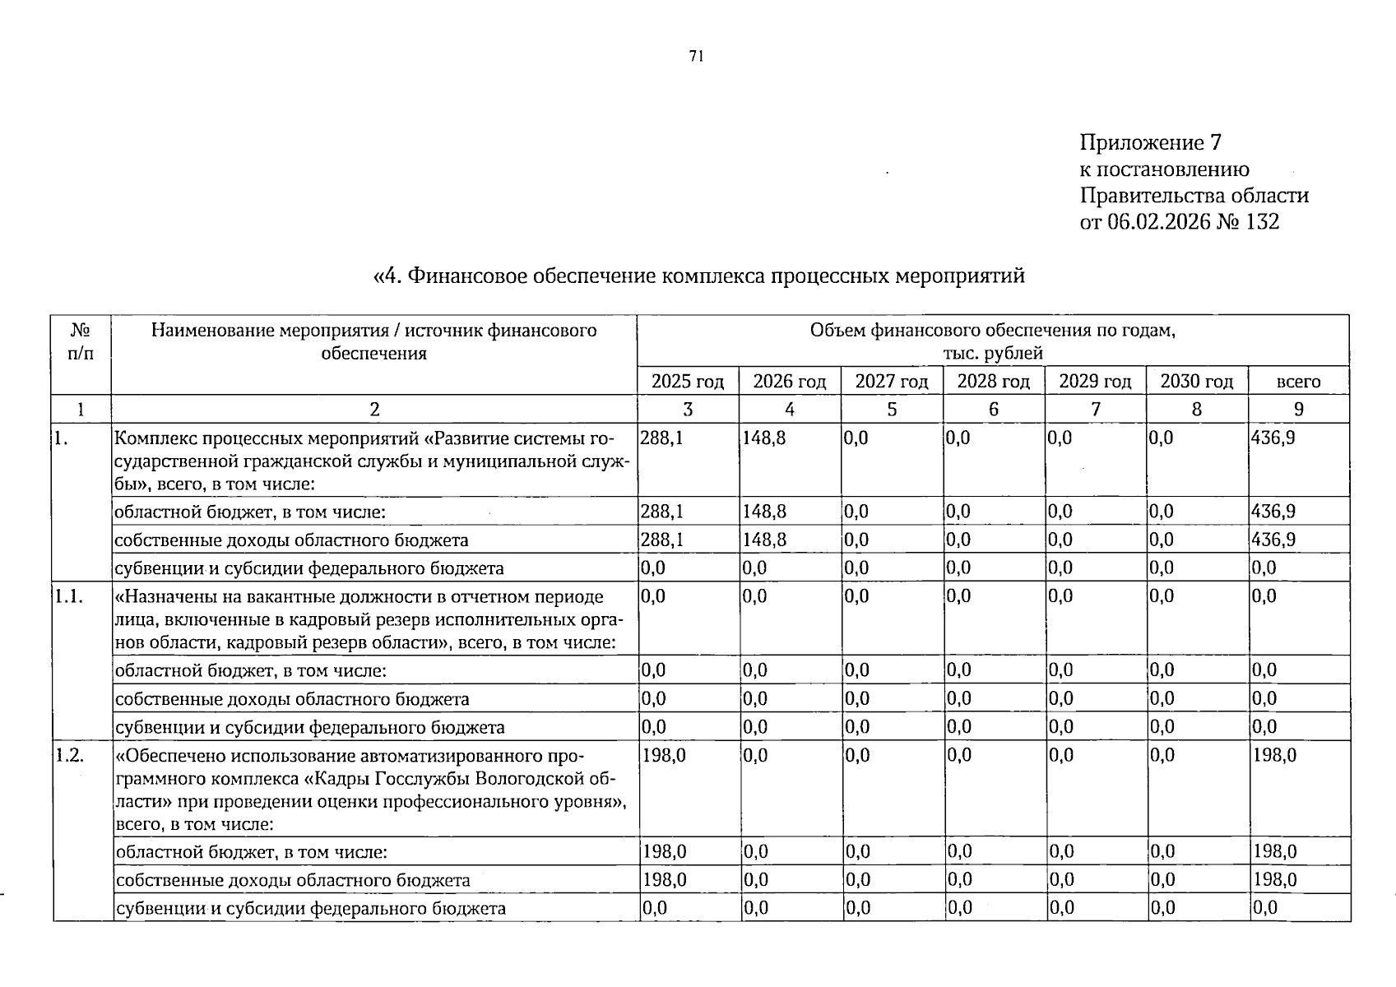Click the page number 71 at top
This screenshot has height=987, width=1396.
coord(696,57)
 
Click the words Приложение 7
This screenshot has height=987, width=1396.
coord(1150,143)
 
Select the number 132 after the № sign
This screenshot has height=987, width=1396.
coord(1262,222)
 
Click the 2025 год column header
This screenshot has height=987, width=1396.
coord(688,382)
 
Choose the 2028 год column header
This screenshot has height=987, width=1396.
coord(993,382)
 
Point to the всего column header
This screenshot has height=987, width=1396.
coord(1298,382)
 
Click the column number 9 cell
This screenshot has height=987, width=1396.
coord(1298,410)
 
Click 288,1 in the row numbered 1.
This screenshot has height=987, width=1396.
coord(661,438)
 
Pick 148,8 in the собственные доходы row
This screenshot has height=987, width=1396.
coord(764,540)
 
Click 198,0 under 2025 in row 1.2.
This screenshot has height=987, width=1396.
coord(663,755)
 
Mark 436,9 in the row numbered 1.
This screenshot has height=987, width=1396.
coord(1273,438)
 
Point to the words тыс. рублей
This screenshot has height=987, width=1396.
coord(992,354)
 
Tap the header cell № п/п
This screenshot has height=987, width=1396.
coord(81,342)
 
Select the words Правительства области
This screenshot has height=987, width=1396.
coord(1194,196)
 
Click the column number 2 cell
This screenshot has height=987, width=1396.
coord(374,410)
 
